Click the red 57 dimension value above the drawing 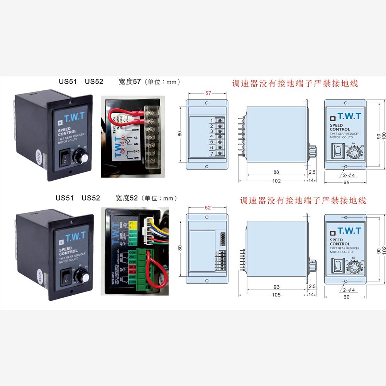point(208,94)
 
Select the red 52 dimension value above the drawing point(208,207)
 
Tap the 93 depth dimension point(276,287)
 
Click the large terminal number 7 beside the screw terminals point(212,154)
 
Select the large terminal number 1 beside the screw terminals point(212,121)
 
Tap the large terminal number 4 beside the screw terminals point(212,137)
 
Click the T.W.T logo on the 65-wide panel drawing point(349,116)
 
